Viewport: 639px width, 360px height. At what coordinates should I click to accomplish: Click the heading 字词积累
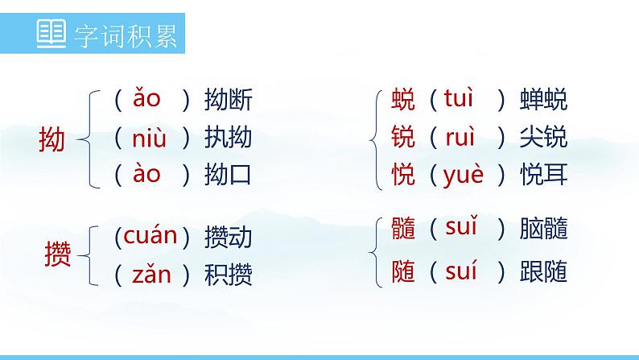click(125, 36)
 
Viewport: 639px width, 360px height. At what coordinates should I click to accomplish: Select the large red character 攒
click(57, 255)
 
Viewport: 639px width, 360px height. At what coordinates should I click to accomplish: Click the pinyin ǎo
click(146, 99)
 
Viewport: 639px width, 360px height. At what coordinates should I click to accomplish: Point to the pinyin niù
click(149, 139)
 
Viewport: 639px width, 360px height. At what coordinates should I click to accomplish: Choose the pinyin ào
click(146, 173)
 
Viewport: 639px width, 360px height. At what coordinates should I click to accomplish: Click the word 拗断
click(229, 101)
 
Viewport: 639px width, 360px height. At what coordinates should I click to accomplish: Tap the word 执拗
click(229, 139)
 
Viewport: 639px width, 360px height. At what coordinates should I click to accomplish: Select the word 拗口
click(229, 175)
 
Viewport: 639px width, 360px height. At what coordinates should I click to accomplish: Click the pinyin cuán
click(146, 236)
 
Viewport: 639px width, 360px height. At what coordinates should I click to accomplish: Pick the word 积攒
click(229, 275)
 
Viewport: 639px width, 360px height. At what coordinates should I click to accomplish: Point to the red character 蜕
click(402, 101)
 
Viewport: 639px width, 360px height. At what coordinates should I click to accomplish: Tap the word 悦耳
click(543, 175)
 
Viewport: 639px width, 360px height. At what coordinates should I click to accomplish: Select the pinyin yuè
click(464, 175)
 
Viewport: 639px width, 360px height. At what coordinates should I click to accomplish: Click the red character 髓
click(402, 230)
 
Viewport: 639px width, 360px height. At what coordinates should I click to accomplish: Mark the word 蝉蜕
click(543, 101)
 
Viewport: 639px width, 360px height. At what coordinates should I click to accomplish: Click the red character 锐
click(402, 138)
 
